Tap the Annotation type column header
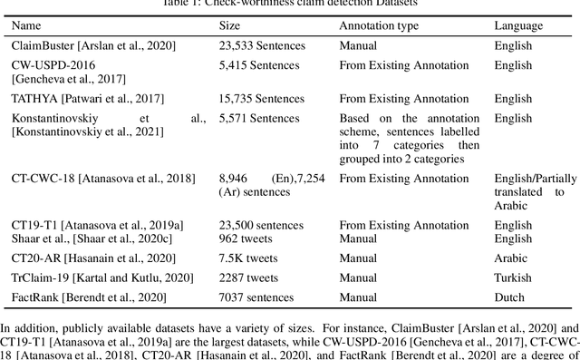click(x=379, y=25)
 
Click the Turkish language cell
click(x=513, y=277)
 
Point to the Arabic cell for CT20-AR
click(x=511, y=259)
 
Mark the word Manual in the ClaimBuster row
click(x=359, y=44)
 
